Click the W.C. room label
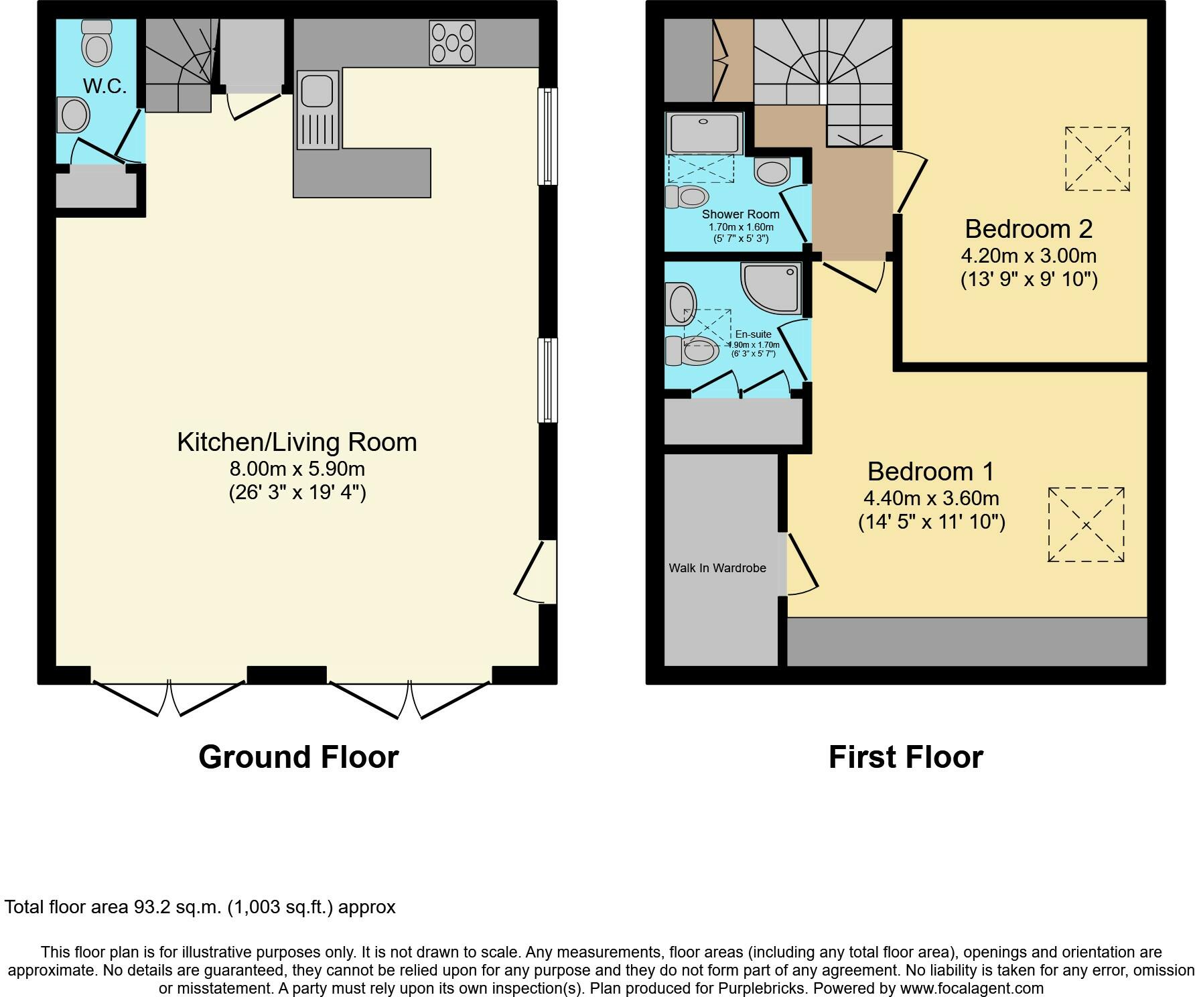point(105,86)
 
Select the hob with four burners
point(453,43)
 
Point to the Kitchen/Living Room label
point(297,442)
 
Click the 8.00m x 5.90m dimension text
point(297,468)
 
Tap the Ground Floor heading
point(298,757)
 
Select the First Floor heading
point(906,757)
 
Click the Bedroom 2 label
point(1028,229)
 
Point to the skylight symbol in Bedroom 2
point(1097,159)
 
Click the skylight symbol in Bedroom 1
point(1086,525)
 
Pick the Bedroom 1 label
point(931,472)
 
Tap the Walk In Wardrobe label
point(717,568)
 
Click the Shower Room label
point(740,214)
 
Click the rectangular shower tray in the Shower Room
point(703,133)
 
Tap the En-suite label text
point(753,334)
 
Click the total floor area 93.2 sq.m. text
point(200,907)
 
